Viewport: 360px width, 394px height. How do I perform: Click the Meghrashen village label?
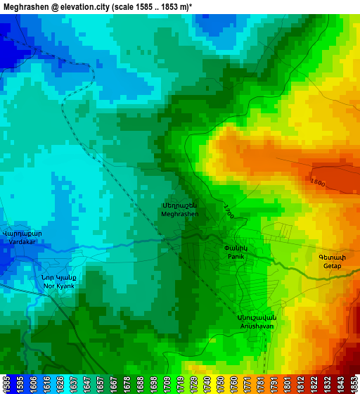(179, 209)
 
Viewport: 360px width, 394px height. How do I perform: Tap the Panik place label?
(235, 252)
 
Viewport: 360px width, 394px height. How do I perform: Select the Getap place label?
(332, 262)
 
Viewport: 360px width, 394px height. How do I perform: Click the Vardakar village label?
(22, 237)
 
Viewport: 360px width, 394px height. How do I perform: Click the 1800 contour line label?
(318, 183)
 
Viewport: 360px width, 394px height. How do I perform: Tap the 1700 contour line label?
(229, 211)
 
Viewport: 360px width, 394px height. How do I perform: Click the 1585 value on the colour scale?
(6, 383)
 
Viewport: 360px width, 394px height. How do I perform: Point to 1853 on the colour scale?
(353, 383)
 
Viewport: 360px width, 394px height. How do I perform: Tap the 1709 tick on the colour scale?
(165, 383)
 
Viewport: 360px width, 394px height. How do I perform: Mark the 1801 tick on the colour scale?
(288, 383)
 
